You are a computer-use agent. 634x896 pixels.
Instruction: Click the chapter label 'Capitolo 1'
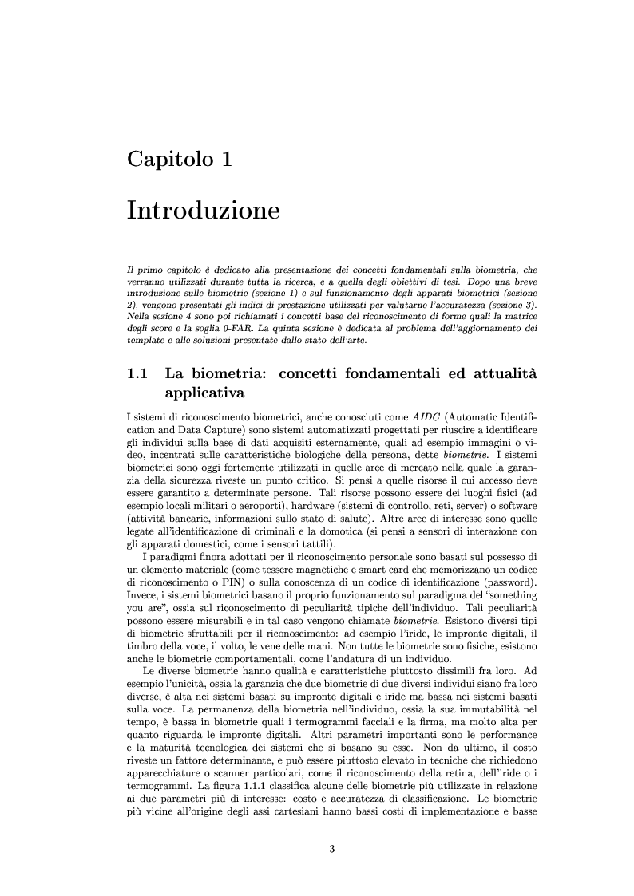pos(180,159)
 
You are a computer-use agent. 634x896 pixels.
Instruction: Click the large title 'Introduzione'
pos(203,211)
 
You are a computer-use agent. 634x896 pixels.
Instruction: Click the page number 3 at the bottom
pos(332,848)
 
